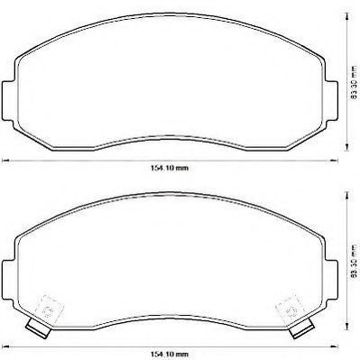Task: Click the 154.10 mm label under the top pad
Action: pyautogui.click(x=170, y=168)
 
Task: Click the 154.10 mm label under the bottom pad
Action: pyautogui.click(x=170, y=355)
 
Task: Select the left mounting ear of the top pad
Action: pyautogui.click(x=8, y=101)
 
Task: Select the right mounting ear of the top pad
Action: pyautogui.click(x=332, y=101)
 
